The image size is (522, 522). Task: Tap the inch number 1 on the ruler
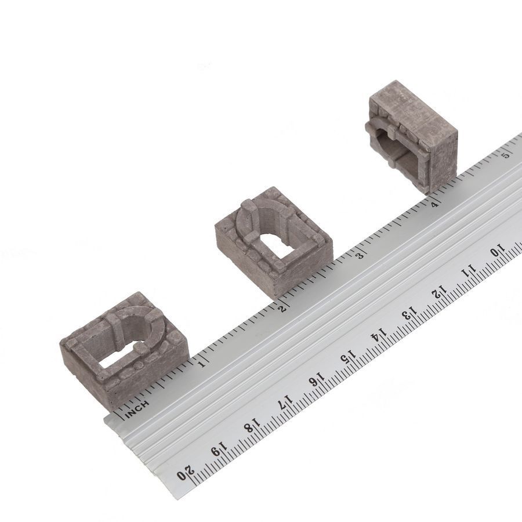(202, 364)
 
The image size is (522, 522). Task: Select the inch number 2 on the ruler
(282, 309)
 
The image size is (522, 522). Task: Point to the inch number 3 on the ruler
(359, 256)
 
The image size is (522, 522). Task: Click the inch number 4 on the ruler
(434, 204)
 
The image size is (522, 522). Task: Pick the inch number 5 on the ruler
(506, 155)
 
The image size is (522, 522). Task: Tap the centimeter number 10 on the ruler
(498, 251)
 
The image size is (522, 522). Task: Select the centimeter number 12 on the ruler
(439, 292)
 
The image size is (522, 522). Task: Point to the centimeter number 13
(409, 314)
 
